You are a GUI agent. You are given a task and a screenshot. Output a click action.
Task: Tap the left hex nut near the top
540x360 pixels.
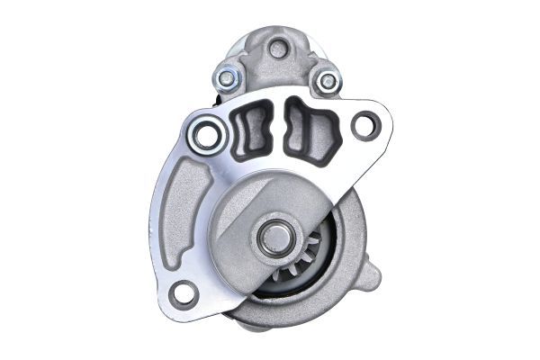[x=228, y=78]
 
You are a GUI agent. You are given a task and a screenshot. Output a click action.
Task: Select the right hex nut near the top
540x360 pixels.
[x=328, y=81]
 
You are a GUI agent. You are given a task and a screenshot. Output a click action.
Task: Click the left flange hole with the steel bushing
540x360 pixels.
[x=207, y=136]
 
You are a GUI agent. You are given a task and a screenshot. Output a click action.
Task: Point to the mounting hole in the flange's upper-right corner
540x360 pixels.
[x=364, y=125]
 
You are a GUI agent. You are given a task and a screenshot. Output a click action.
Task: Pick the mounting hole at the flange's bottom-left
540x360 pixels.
[x=184, y=292]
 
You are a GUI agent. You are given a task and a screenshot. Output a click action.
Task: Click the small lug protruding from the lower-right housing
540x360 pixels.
[x=371, y=274]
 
